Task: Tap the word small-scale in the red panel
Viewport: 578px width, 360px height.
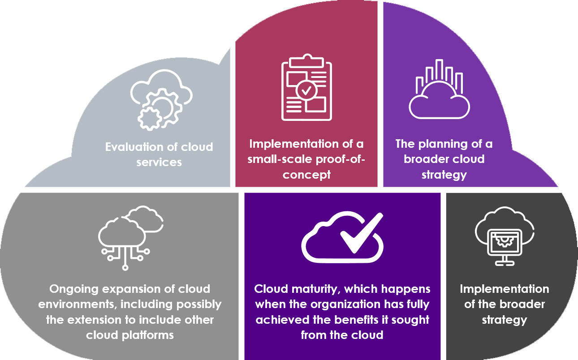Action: pos(278,159)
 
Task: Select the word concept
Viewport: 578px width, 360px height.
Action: pos(306,174)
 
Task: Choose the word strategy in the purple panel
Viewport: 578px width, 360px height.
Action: pos(444,174)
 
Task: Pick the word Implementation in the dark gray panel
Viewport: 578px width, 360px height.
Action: pos(504,289)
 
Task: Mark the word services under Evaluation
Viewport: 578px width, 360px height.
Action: pos(159,162)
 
